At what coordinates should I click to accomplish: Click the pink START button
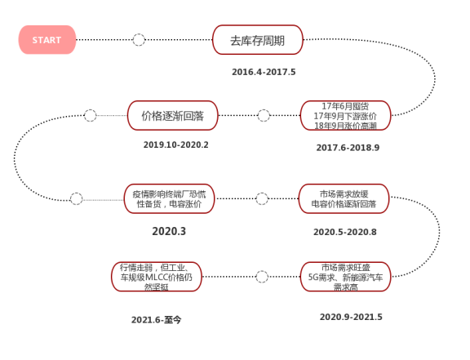[x=47, y=40]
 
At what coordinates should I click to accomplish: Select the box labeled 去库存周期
[x=258, y=40]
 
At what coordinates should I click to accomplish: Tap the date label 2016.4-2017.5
[x=264, y=72]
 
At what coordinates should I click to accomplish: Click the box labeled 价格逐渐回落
[x=173, y=115]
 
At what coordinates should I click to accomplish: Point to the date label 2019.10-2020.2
[x=176, y=145]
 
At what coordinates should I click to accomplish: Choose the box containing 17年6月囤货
[x=345, y=115]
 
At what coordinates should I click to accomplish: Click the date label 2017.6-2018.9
[x=348, y=148]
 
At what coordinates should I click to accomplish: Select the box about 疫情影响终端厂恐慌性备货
[x=169, y=198]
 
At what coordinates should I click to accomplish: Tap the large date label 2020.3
[x=169, y=231]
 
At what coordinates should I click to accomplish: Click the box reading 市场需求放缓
[x=344, y=198]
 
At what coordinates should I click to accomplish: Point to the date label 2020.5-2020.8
[x=345, y=232]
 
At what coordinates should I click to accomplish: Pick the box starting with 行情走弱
[x=157, y=277]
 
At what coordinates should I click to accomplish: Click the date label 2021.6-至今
[x=156, y=320]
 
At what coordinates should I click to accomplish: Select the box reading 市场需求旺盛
[x=345, y=277]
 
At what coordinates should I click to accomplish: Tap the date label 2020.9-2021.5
[x=351, y=317]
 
